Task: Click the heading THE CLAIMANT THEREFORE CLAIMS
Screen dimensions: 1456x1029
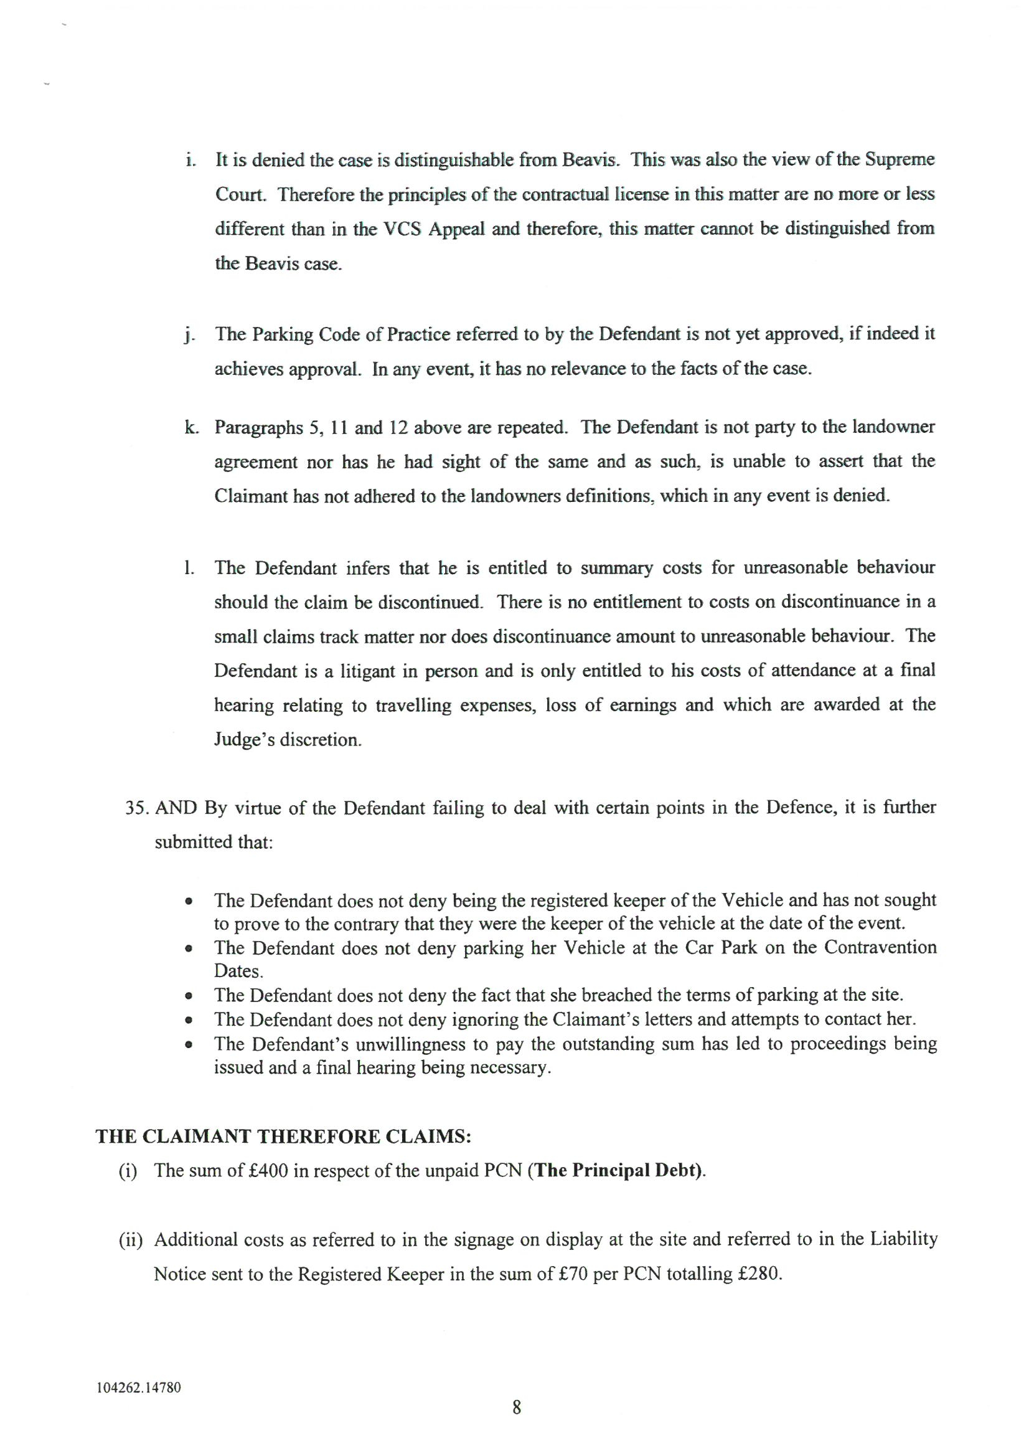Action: [x=283, y=1136]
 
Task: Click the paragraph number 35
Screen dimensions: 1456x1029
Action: [x=136, y=808]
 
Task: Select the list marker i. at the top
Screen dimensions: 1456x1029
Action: [x=190, y=160]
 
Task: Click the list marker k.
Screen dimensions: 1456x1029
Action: [x=190, y=427]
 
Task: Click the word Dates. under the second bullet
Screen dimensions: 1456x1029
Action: [x=238, y=971]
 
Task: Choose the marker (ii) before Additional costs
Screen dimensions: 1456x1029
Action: [x=131, y=1240]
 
